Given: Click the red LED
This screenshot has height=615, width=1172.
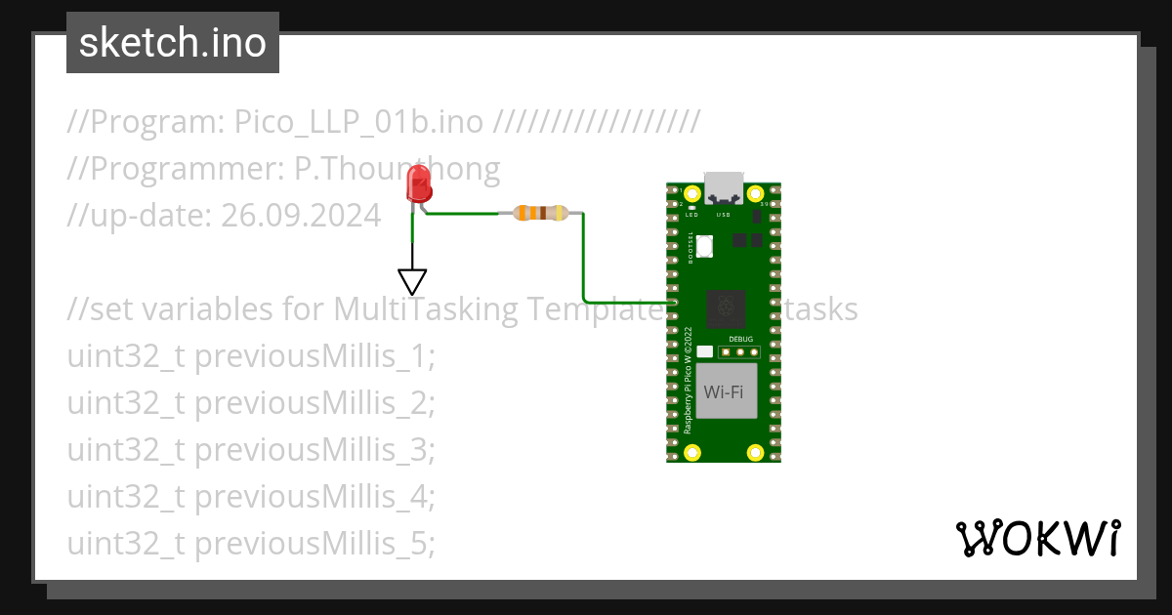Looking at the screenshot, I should (x=419, y=183).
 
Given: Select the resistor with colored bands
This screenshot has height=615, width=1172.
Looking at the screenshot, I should (x=540, y=213).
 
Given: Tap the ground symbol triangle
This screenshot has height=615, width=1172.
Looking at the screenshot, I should (x=413, y=282).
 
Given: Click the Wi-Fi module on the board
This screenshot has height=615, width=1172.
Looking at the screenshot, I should (x=724, y=392).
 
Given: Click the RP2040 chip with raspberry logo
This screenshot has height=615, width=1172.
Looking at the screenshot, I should (x=724, y=309).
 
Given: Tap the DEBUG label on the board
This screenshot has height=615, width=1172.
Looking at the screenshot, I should (x=740, y=337).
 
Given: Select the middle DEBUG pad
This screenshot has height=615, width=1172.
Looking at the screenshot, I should (x=740, y=351).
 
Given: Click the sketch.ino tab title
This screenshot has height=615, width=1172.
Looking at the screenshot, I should (x=173, y=43).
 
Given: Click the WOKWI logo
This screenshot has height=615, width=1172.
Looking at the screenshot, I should (x=1036, y=538).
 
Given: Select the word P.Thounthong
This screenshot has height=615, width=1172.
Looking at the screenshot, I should (x=397, y=169).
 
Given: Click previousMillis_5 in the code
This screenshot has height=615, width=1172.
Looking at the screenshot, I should (x=313, y=544).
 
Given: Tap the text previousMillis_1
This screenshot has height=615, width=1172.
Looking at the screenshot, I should (x=313, y=357).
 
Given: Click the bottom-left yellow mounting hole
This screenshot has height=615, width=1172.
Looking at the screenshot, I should (x=692, y=452).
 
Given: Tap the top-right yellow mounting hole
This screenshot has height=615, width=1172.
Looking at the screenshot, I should (x=755, y=193).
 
